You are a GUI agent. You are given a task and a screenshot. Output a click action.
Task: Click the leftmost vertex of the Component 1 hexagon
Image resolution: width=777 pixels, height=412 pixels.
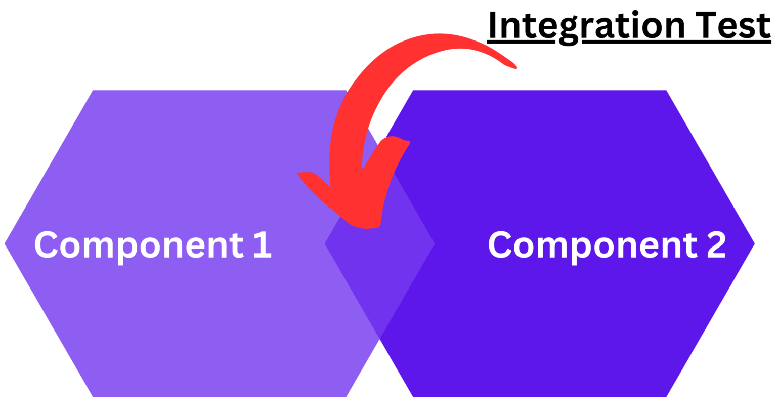tap(5, 243)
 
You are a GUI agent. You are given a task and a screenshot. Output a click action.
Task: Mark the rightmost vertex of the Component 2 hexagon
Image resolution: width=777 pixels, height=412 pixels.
tap(755, 243)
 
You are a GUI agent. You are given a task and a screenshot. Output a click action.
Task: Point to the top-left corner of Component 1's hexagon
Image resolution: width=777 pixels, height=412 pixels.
tap(93, 91)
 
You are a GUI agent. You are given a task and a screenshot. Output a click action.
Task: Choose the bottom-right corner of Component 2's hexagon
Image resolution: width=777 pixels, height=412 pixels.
tap(667, 396)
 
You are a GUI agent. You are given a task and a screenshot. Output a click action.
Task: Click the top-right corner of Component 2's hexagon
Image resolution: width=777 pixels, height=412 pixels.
tap(667, 91)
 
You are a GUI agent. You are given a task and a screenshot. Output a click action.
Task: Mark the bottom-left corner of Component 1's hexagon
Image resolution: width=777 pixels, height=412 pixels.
tap(93, 396)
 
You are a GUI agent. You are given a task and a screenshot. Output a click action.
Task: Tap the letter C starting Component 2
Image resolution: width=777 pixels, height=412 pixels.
tap(499, 245)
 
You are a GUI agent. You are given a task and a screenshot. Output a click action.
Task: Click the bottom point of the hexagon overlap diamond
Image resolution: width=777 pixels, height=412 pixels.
tap(379, 338)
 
